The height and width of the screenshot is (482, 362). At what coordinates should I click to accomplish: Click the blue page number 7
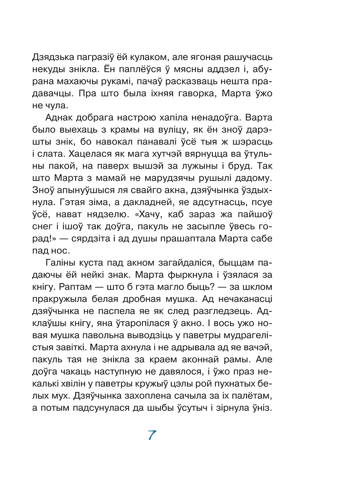click(x=152, y=435)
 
